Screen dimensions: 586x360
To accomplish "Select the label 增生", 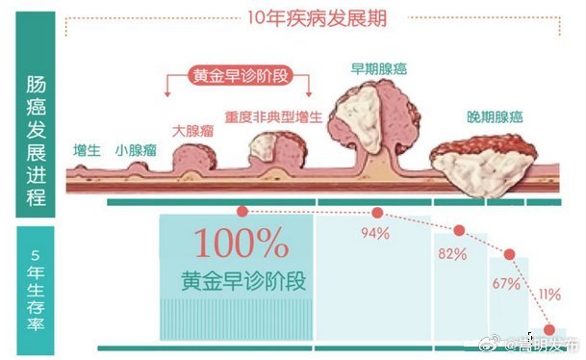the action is coord(88,150).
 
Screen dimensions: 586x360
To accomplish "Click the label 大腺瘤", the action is coord(191,129).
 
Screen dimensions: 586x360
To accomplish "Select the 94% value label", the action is coord(374,233).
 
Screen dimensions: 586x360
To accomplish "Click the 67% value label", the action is coord(506,284).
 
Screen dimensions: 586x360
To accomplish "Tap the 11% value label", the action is coord(550,294).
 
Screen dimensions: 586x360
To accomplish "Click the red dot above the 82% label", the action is coord(459,231).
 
